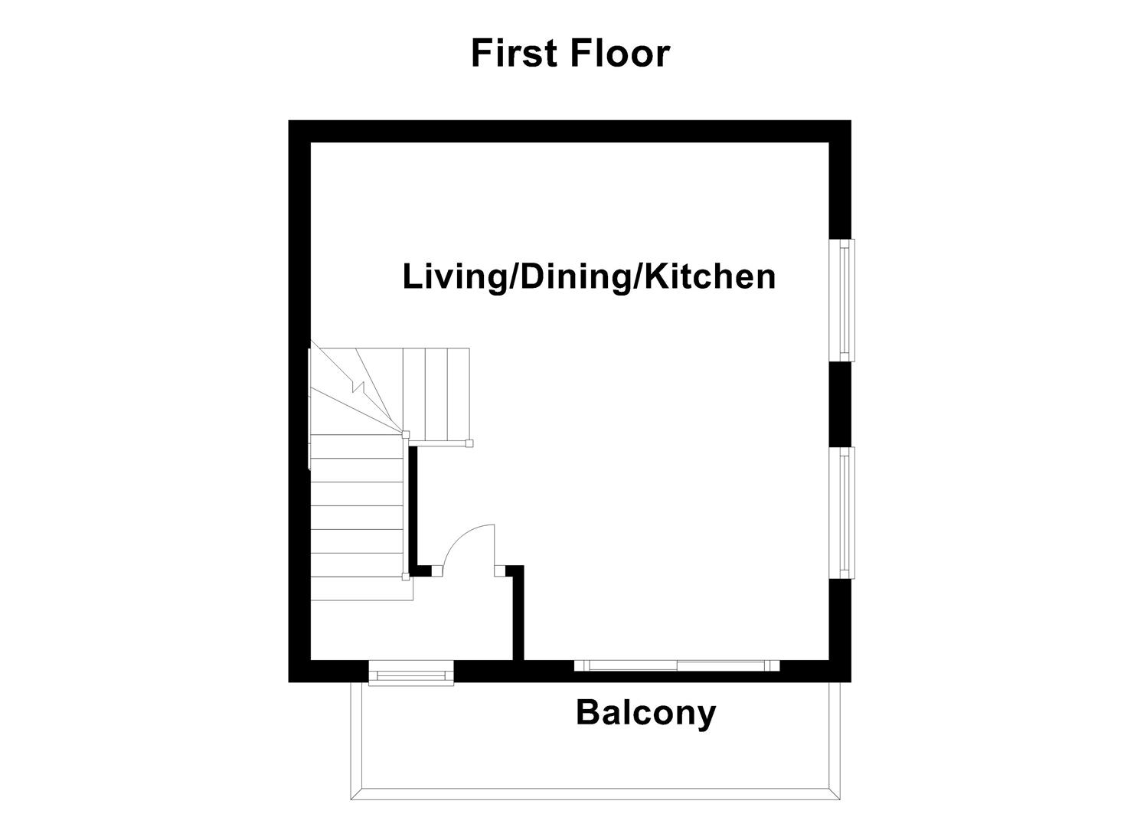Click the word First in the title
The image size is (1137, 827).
(x=515, y=54)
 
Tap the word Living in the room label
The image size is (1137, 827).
(x=454, y=276)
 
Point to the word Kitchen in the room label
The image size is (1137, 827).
(x=709, y=276)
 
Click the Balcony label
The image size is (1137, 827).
(x=645, y=712)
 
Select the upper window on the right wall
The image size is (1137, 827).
(x=845, y=299)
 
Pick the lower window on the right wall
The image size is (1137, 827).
(x=845, y=512)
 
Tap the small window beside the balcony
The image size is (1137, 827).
(x=411, y=675)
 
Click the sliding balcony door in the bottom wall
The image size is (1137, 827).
(x=677, y=665)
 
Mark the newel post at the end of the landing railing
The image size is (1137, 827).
(x=469, y=443)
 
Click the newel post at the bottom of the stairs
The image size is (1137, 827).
(x=405, y=577)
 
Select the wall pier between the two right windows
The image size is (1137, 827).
(x=841, y=404)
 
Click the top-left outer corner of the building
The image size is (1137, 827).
(x=289, y=122)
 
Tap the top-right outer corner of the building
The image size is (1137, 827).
(x=850, y=122)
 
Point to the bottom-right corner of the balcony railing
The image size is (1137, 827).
(x=839, y=799)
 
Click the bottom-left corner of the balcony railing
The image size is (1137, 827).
(x=352, y=799)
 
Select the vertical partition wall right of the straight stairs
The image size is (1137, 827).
(x=412, y=508)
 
